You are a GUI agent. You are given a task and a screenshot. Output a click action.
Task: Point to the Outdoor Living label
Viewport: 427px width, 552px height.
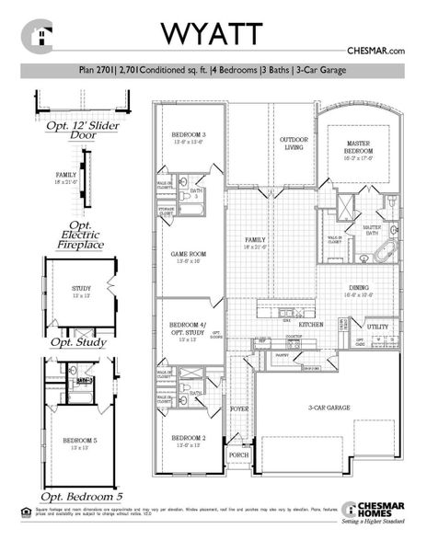click(293, 144)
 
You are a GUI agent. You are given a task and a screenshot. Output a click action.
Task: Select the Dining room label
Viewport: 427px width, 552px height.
click(358, 290)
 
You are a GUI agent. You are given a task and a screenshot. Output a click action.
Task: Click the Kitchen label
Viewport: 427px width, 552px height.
click(311, 324)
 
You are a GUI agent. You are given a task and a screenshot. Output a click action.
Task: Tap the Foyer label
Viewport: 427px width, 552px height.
click(239, 408)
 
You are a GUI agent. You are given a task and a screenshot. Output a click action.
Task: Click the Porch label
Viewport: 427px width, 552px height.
click(237, 454)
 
